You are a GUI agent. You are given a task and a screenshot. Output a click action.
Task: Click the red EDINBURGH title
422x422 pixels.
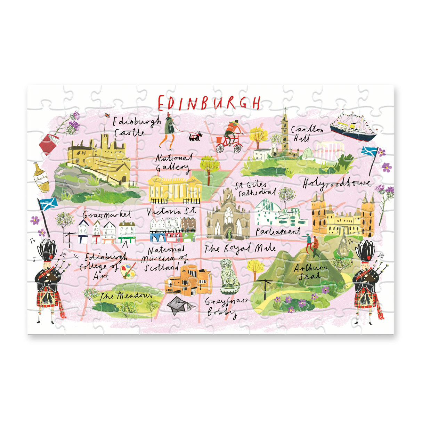point(209,103)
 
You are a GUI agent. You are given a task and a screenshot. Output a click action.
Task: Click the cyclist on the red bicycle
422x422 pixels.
point(229,137)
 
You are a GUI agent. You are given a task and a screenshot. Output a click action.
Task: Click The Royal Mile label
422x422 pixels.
point(240,248)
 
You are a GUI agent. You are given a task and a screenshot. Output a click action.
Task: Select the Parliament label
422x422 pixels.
point(278,231)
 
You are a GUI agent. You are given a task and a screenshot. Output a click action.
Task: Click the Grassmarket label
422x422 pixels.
point(107,213)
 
